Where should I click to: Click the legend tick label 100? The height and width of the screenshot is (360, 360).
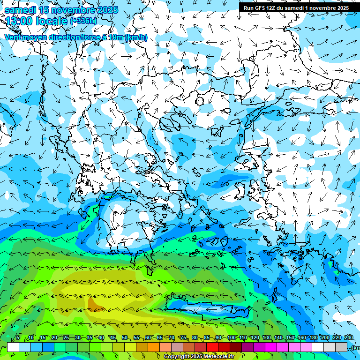pos(231,338)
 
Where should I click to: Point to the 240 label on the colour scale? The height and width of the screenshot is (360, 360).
pos(348,338)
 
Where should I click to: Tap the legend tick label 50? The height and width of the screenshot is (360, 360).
pos(125,338)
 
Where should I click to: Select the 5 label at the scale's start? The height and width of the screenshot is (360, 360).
pos(18,338)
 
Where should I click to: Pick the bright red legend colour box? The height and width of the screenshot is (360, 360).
pos(212,347)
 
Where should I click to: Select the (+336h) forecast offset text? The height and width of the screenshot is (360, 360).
pos(83,21)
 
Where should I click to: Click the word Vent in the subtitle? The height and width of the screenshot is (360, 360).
pos(13,37)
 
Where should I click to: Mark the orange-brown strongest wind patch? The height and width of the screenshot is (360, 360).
pos(95,306)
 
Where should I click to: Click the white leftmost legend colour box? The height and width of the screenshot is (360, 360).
pos(13,347)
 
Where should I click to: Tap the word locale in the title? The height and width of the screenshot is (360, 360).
pos(52,21)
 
